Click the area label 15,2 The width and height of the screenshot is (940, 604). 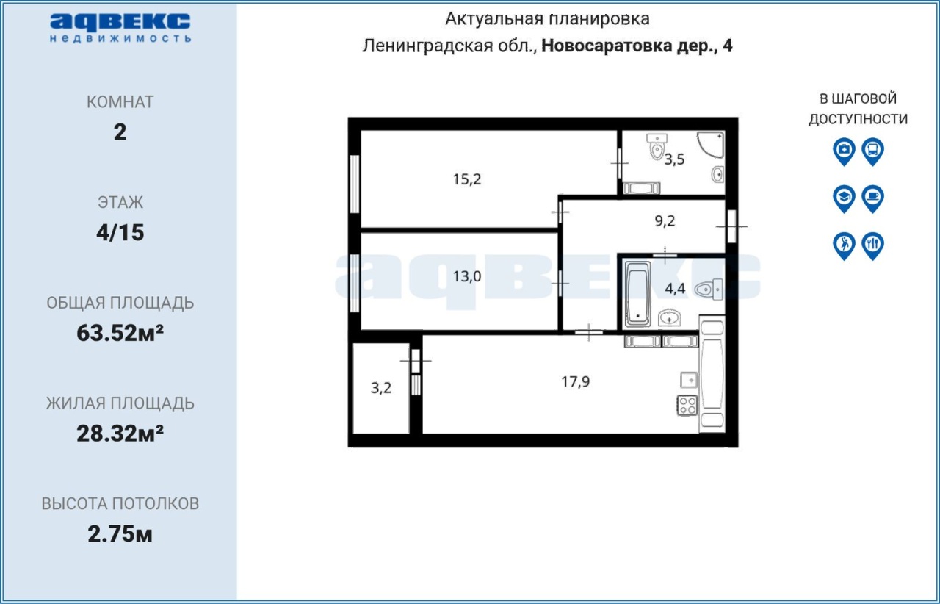[x=466, y=179]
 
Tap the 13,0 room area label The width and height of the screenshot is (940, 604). [x=466, y=276]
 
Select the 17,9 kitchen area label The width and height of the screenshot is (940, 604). [x=575, y=381]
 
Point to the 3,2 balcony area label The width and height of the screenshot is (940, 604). [x=381, y=388]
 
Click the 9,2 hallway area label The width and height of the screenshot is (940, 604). [x=665, y=220]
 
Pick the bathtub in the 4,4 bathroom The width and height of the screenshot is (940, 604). [x=637, y=294]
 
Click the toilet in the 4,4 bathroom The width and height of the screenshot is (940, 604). [x=709, y=289]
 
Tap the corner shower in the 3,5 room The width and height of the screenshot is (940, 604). [x=712, y=145]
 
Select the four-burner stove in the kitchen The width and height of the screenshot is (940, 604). [x=687, y=406]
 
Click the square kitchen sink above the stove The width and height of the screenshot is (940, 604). [x=689, y=380]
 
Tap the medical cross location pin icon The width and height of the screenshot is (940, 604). [x=844, y=151]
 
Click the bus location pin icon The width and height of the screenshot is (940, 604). [x=873, y=151]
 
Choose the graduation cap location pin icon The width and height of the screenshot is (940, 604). [x=844, y=198]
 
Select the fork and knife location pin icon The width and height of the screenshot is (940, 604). [x=873, y=245]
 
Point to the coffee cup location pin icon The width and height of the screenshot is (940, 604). [x=873, y=198]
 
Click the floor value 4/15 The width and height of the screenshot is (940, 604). [x=120, y=232]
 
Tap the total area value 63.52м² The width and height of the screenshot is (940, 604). [x=120, y=333]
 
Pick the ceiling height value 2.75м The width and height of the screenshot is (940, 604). [x=120, y=534]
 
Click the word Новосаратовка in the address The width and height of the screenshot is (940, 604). [x=607, y=46]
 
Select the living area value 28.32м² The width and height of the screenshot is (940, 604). [x=120, y=434]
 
